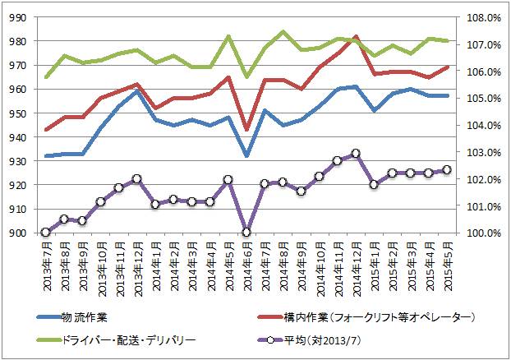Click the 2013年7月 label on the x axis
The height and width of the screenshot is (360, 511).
pos(46,261)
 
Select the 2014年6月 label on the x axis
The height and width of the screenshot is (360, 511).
pos(246,261)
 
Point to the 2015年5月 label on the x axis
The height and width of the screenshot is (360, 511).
pos(446,261)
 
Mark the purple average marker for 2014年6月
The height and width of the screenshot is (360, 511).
pos(246,233)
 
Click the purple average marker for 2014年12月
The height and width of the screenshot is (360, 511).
pos(355,154)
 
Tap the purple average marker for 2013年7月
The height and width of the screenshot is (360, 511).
pos(46,233)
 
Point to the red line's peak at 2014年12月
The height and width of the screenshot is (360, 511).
pos(355,37)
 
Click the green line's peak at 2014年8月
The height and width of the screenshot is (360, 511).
pos(283,32)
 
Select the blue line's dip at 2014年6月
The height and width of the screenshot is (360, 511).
pos(246,155)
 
